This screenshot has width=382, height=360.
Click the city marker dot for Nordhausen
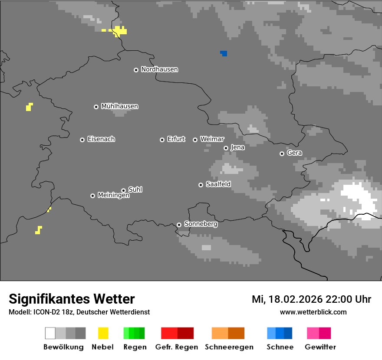tap(136, 70)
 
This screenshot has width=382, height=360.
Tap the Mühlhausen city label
tap(119, 106)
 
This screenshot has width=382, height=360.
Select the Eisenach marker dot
tap(82, 140)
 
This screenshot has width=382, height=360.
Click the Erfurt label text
tap(176, 139)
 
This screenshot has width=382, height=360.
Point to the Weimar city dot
tap(195, 140)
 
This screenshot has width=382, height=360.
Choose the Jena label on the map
tap(237, 147)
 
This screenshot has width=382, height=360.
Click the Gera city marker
tap(282, 154)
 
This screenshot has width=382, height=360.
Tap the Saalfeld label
tap(218, 184)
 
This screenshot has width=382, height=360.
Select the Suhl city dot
tap(123, 190)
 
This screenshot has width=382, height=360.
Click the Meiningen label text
tap(113, 196)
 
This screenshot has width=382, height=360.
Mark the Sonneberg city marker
tap(179, 225)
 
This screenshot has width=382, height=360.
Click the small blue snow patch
tap(224, 53)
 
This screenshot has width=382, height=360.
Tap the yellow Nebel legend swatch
tap(103, 333)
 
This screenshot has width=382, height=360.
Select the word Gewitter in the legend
tap(320, 347)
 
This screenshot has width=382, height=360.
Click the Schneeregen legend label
tap(229, 347)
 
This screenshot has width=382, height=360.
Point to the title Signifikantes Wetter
tap(72, 299)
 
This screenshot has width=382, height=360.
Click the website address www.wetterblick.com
tap(313, 312)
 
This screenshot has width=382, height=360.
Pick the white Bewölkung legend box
tap(50, 333)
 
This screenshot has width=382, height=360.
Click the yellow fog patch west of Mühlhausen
tap(29, 107)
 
